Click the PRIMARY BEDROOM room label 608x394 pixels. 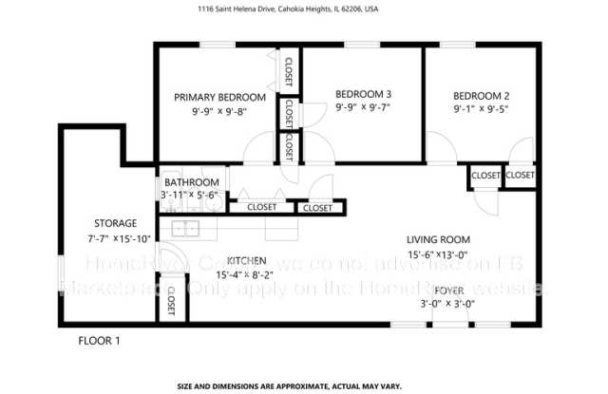coord(219,97)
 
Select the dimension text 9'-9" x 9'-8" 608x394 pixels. coord(219,112)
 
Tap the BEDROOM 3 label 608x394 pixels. coord(363,94)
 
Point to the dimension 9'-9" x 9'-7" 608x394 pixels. coord(363,108)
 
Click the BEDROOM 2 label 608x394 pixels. coord(481,96)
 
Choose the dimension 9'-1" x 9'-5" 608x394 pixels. coord(481,109)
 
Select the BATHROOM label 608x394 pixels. coord(191,182)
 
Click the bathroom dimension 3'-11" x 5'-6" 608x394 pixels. coord(190,196)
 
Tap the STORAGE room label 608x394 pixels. coord(115,223)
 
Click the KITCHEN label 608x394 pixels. coord(245,260)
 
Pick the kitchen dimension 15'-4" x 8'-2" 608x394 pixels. coord(245,274)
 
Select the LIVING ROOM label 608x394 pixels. coord(438,239)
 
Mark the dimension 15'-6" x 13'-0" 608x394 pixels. coord(438,254)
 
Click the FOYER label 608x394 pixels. coord(449,289)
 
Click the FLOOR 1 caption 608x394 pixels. coord(99,339)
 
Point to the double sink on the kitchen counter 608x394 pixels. coord(186,228)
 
